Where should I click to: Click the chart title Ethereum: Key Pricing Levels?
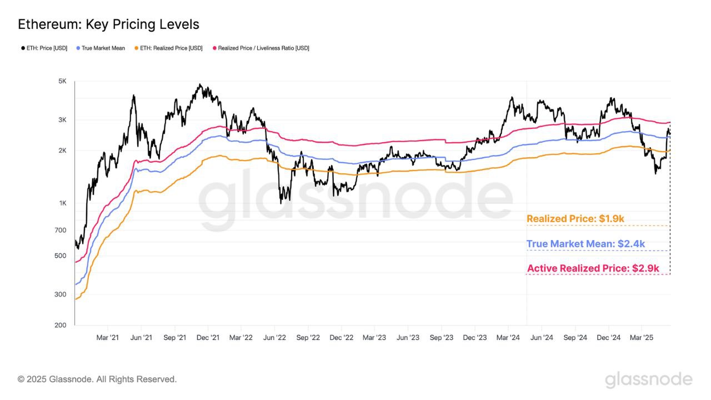(108, 24)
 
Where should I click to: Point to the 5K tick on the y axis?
(62, 81)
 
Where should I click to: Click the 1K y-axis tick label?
(62, 203)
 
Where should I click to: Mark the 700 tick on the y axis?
(61, 231)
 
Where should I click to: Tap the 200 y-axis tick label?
(61, 325)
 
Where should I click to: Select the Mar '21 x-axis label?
(107, 337)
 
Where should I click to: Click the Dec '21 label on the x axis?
(208, 337)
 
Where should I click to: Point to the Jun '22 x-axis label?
(274, 337)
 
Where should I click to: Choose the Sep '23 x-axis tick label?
(442, 337)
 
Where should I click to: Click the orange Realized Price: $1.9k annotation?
(575, 219)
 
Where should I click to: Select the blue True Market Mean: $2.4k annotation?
(585, 244)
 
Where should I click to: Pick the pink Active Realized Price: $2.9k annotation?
(593, 268)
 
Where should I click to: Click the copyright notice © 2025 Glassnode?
(97, 379)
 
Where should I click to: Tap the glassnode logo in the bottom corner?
(648, 380)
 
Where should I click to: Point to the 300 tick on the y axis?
(61, 295)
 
